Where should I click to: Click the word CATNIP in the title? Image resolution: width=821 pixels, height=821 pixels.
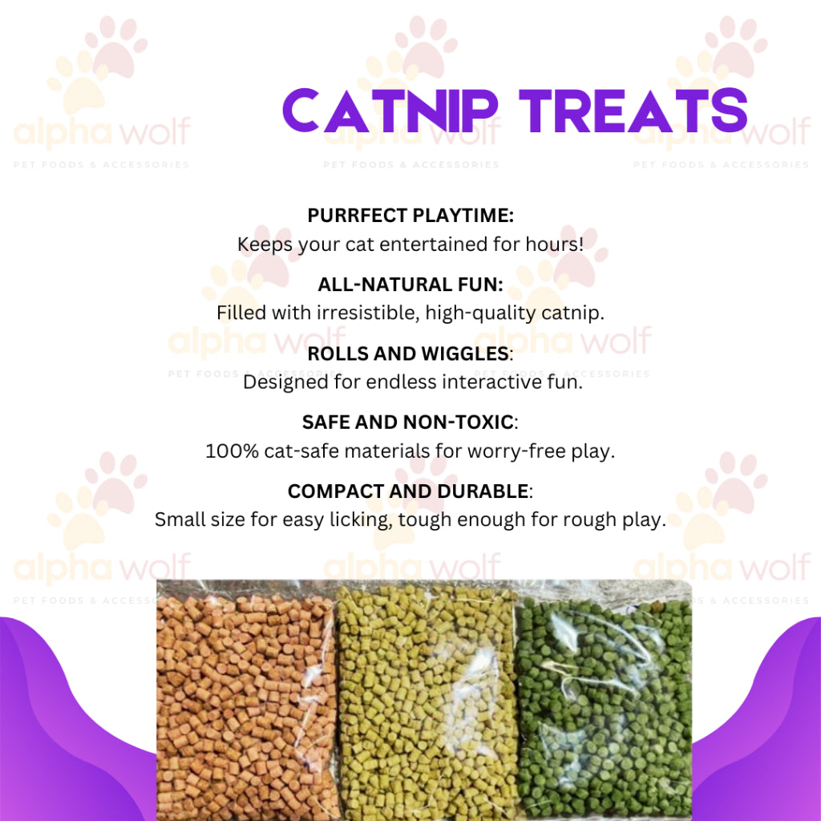click(x=390, y=111)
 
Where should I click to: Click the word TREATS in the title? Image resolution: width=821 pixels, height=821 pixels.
click(x=633, y=111)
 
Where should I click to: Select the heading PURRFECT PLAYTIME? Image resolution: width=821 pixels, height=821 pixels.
click(x=410, y=215)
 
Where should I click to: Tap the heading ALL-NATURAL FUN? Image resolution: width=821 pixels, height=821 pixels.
click(x=410, y=285)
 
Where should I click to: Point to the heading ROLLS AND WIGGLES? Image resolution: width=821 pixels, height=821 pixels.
click(x=408, y=354)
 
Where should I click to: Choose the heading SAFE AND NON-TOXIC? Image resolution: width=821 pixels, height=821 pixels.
click(x=407, y=422)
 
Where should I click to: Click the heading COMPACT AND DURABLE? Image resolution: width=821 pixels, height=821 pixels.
click(x=408, y=491)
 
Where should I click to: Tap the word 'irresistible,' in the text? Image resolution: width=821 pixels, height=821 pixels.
click(x=367, y=313)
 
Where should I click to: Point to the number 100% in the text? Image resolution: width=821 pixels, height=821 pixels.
click(x=232, y=451)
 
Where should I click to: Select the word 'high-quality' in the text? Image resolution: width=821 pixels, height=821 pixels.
click(x=480, y=313)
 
